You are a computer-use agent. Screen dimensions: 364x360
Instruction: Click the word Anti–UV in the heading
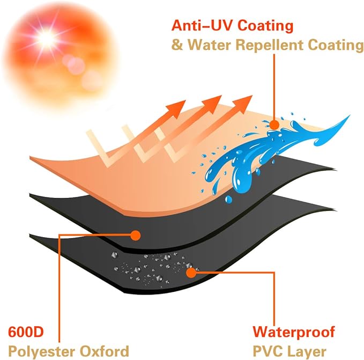pyautogui.click(x=202, y=25)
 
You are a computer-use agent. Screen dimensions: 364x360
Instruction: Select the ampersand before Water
pyautogui.click(x=177, y=45)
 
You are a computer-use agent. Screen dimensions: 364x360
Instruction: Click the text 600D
pyautogui.click(x=26, y=332)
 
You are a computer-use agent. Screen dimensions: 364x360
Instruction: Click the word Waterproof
pyautogui.click(x=294, y=332)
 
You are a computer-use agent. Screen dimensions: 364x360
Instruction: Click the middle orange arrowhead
pyautogui.click(x=212, y=104)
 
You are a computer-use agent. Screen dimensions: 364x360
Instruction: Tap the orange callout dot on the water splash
pyautogui.click(x=274, y=124)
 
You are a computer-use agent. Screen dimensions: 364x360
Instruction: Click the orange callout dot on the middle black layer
pyautogui.click(x=136, y=236)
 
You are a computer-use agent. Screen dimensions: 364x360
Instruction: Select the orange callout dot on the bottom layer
pyautogui.click(x=191, y=273)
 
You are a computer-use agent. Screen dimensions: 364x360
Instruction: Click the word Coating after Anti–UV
pyautogui.click(x=265, y=25)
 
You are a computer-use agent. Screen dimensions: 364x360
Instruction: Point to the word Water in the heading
pyautogui.click(x=209, y=45)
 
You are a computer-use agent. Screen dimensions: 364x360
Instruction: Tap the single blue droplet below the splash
pyautogui.click(x=228, y=199)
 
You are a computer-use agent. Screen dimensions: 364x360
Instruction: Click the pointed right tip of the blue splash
pyautogui.click(x=350, y=115)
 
